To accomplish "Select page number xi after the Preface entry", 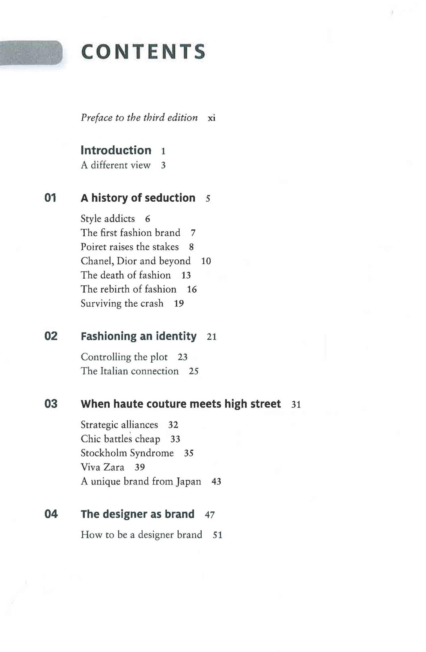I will click(x=212, y=118).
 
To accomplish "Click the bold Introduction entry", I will click(x=116, y=150).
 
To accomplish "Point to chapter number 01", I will click(x=50, y=198).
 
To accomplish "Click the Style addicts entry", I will click(x=108, y=219).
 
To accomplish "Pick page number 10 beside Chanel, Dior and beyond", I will click(x=206, y=261).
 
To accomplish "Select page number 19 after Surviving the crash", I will click(x=179, y=304).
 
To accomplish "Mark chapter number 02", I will click(x=51, y=336).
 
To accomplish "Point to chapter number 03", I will click(x=51, y=404).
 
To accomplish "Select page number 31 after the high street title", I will click(x=296, y=404).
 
